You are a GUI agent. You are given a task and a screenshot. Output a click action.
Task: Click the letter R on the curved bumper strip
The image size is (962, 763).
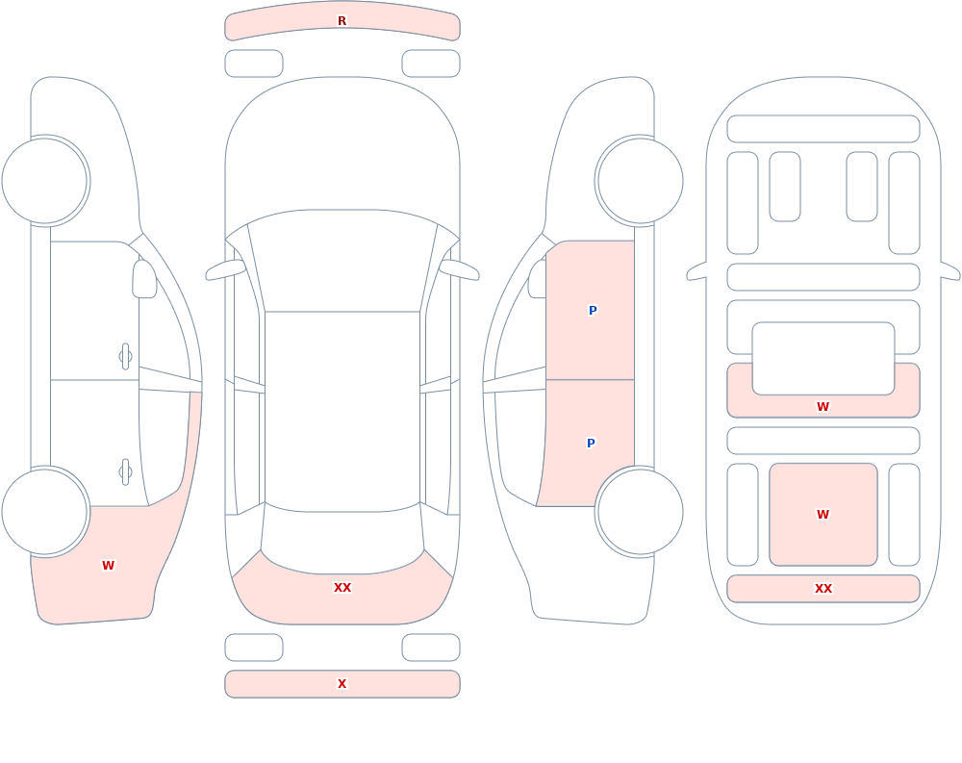tap(342, 21)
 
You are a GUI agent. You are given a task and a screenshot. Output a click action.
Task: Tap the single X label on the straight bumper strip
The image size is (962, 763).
tap(342, 684)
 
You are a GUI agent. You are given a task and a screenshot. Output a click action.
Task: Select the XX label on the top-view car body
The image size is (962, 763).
tap(342, 588)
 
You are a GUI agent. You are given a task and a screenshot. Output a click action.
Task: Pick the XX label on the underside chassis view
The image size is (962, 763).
tap(823, 589)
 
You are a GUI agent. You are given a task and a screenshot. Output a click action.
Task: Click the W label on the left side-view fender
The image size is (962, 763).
tap(108, 566)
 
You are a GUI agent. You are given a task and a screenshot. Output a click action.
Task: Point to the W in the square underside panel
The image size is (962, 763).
tap(823, 515)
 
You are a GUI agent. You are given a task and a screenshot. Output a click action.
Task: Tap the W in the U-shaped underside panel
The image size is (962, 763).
tap(823, 406)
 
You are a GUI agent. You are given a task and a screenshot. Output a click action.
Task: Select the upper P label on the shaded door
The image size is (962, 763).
tap(592, 311)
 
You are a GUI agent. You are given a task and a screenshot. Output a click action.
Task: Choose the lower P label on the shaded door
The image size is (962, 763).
tap(591, 444)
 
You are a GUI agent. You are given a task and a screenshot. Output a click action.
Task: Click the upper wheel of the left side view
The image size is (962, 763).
tap(45, 181)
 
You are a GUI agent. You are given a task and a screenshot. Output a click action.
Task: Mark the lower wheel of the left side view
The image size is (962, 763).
tap(45, 512)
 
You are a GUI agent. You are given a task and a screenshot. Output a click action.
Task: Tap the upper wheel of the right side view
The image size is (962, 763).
tap(640, 181)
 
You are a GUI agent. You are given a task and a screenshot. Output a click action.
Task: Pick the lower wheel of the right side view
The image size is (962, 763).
tap(640, 512)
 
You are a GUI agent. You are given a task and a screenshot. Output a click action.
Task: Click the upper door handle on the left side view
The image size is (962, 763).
tap(125, 357)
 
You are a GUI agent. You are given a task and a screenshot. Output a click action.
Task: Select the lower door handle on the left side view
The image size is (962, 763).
tap(125, 472)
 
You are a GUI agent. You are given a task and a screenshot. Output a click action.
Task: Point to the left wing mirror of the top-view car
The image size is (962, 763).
tap(225, 269)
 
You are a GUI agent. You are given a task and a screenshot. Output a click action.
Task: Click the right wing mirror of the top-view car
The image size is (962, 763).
tap(459, 269)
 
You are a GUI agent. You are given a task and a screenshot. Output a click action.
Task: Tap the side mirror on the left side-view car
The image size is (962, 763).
tap(144, 279)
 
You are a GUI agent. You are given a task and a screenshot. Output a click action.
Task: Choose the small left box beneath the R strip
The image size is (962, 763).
tap(254, 64)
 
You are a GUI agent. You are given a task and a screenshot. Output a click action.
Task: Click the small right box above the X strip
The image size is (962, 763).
tap(431, 648)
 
